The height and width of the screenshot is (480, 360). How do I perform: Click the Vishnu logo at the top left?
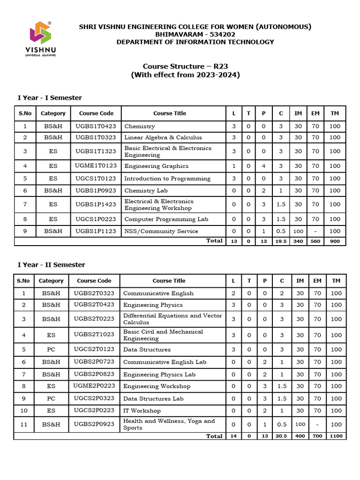point(43,38)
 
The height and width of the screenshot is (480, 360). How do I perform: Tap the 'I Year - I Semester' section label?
point(50,97)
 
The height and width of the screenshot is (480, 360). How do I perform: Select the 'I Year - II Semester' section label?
point(52,264)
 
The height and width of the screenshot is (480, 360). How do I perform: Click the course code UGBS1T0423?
point(96,126)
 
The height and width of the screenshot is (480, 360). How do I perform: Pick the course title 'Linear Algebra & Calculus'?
point(163,137)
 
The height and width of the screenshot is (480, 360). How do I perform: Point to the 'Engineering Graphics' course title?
point(156,166)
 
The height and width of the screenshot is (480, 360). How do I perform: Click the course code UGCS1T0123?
point(96,179)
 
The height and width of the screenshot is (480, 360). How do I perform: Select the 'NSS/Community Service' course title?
point(161,231)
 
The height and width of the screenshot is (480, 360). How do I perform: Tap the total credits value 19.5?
point(281,241)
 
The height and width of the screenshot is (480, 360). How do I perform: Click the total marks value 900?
point(335,241)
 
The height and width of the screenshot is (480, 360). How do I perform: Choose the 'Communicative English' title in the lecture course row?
point(158,293)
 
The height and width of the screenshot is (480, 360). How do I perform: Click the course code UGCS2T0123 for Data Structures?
point(94,349)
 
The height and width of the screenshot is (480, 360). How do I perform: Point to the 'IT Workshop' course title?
point(142,411)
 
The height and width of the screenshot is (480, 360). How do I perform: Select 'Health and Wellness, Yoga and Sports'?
point(169,424)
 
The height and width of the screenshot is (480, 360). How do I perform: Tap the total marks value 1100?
point(336,436)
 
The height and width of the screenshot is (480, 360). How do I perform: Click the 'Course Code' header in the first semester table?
point(96,113)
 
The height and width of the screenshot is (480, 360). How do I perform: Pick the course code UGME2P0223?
point(94,386)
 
